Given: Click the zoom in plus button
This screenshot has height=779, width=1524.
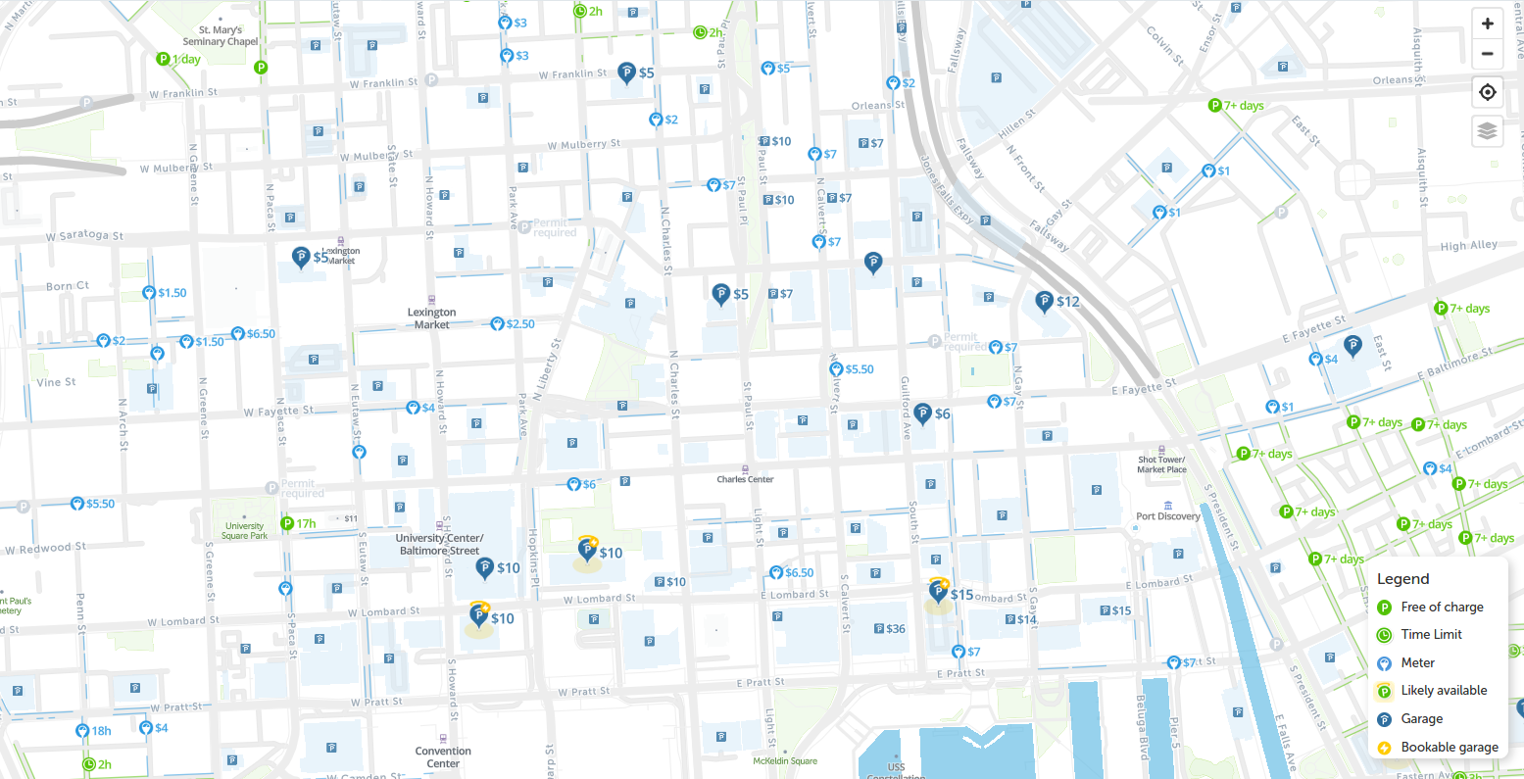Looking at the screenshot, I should tap(1487, 24).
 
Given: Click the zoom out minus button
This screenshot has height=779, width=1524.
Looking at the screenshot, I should tap(1487, 54).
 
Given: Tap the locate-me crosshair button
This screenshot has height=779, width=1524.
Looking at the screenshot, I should tap(1487, 92).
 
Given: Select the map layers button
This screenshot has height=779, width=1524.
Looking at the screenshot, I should tap(1487, 130).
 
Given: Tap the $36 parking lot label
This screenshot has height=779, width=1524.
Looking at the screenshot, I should tap(889, 629).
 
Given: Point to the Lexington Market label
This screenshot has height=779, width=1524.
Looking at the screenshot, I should tap(431, 318).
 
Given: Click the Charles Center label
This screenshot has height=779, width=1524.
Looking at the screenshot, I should tap(745, 479).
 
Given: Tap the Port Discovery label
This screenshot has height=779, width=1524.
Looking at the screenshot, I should tap(1167, 516).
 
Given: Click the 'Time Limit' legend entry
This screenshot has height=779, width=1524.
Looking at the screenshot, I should tap(1431, 634).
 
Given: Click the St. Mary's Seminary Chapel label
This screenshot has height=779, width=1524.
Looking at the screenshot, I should tap(221, 36).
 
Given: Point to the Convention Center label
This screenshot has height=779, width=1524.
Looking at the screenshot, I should tap(443, 756).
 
